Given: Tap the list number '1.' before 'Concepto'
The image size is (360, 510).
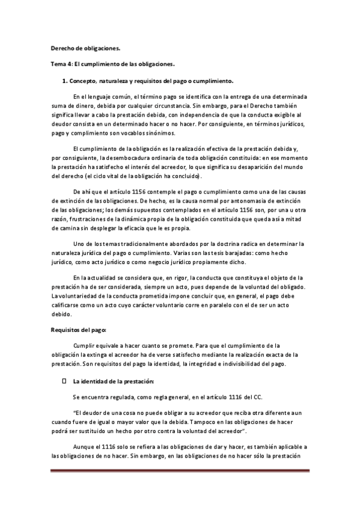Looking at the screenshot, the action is click(65, 80).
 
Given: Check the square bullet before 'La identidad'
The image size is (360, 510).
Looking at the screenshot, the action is click(64, 381).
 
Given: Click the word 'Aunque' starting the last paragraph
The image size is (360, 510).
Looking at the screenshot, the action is click(84, 447).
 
